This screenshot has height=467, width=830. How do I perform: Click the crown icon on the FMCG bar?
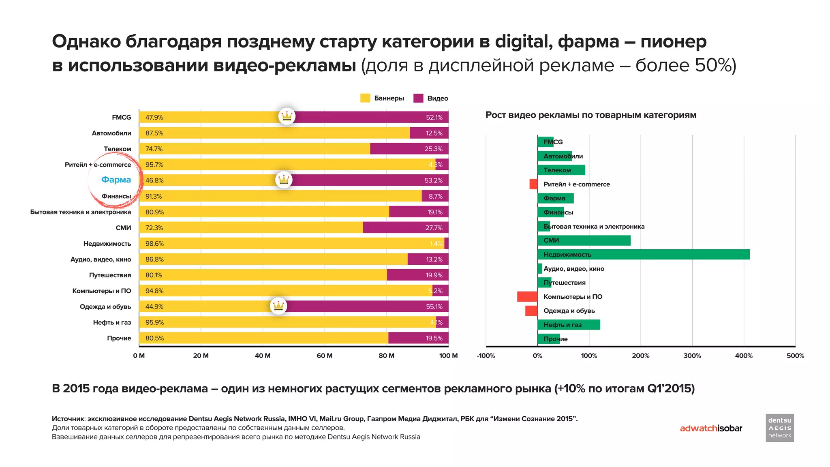(x=287, y=116)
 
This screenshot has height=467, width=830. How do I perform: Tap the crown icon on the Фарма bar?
(x=284, y=180)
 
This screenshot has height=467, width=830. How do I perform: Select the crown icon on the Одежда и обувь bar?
(x=278, y=306)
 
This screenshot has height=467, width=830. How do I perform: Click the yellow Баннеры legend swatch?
(x=365, y=98)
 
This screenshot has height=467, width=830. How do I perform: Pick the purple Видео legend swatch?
(x=418, y=98)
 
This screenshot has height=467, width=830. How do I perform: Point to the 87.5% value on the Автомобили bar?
(x=154, y=133)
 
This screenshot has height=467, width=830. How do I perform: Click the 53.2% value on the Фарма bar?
(x=433, y=180)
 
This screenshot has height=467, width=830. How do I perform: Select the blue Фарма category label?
(x=116, y=180)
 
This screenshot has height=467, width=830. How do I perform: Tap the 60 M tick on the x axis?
(x=324, y=356)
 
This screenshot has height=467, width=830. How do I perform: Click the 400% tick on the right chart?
(x=744, y=356)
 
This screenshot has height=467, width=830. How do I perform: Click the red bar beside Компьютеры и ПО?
(x=527, y=297)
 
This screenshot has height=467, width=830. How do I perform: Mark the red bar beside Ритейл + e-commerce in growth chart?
(x=533, y=184)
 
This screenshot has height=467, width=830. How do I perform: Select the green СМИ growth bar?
(x=584, y=240)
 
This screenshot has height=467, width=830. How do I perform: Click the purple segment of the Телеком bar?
(x=409, y=149)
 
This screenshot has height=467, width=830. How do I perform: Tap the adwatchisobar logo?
(x=711, y=428)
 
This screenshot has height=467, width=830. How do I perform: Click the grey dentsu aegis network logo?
(x=779, y=428)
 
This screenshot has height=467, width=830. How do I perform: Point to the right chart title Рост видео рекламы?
(x=590, y=115)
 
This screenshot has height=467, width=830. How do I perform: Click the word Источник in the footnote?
(x=68, y=419)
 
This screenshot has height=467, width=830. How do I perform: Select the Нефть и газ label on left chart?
(x=112, y=322)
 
